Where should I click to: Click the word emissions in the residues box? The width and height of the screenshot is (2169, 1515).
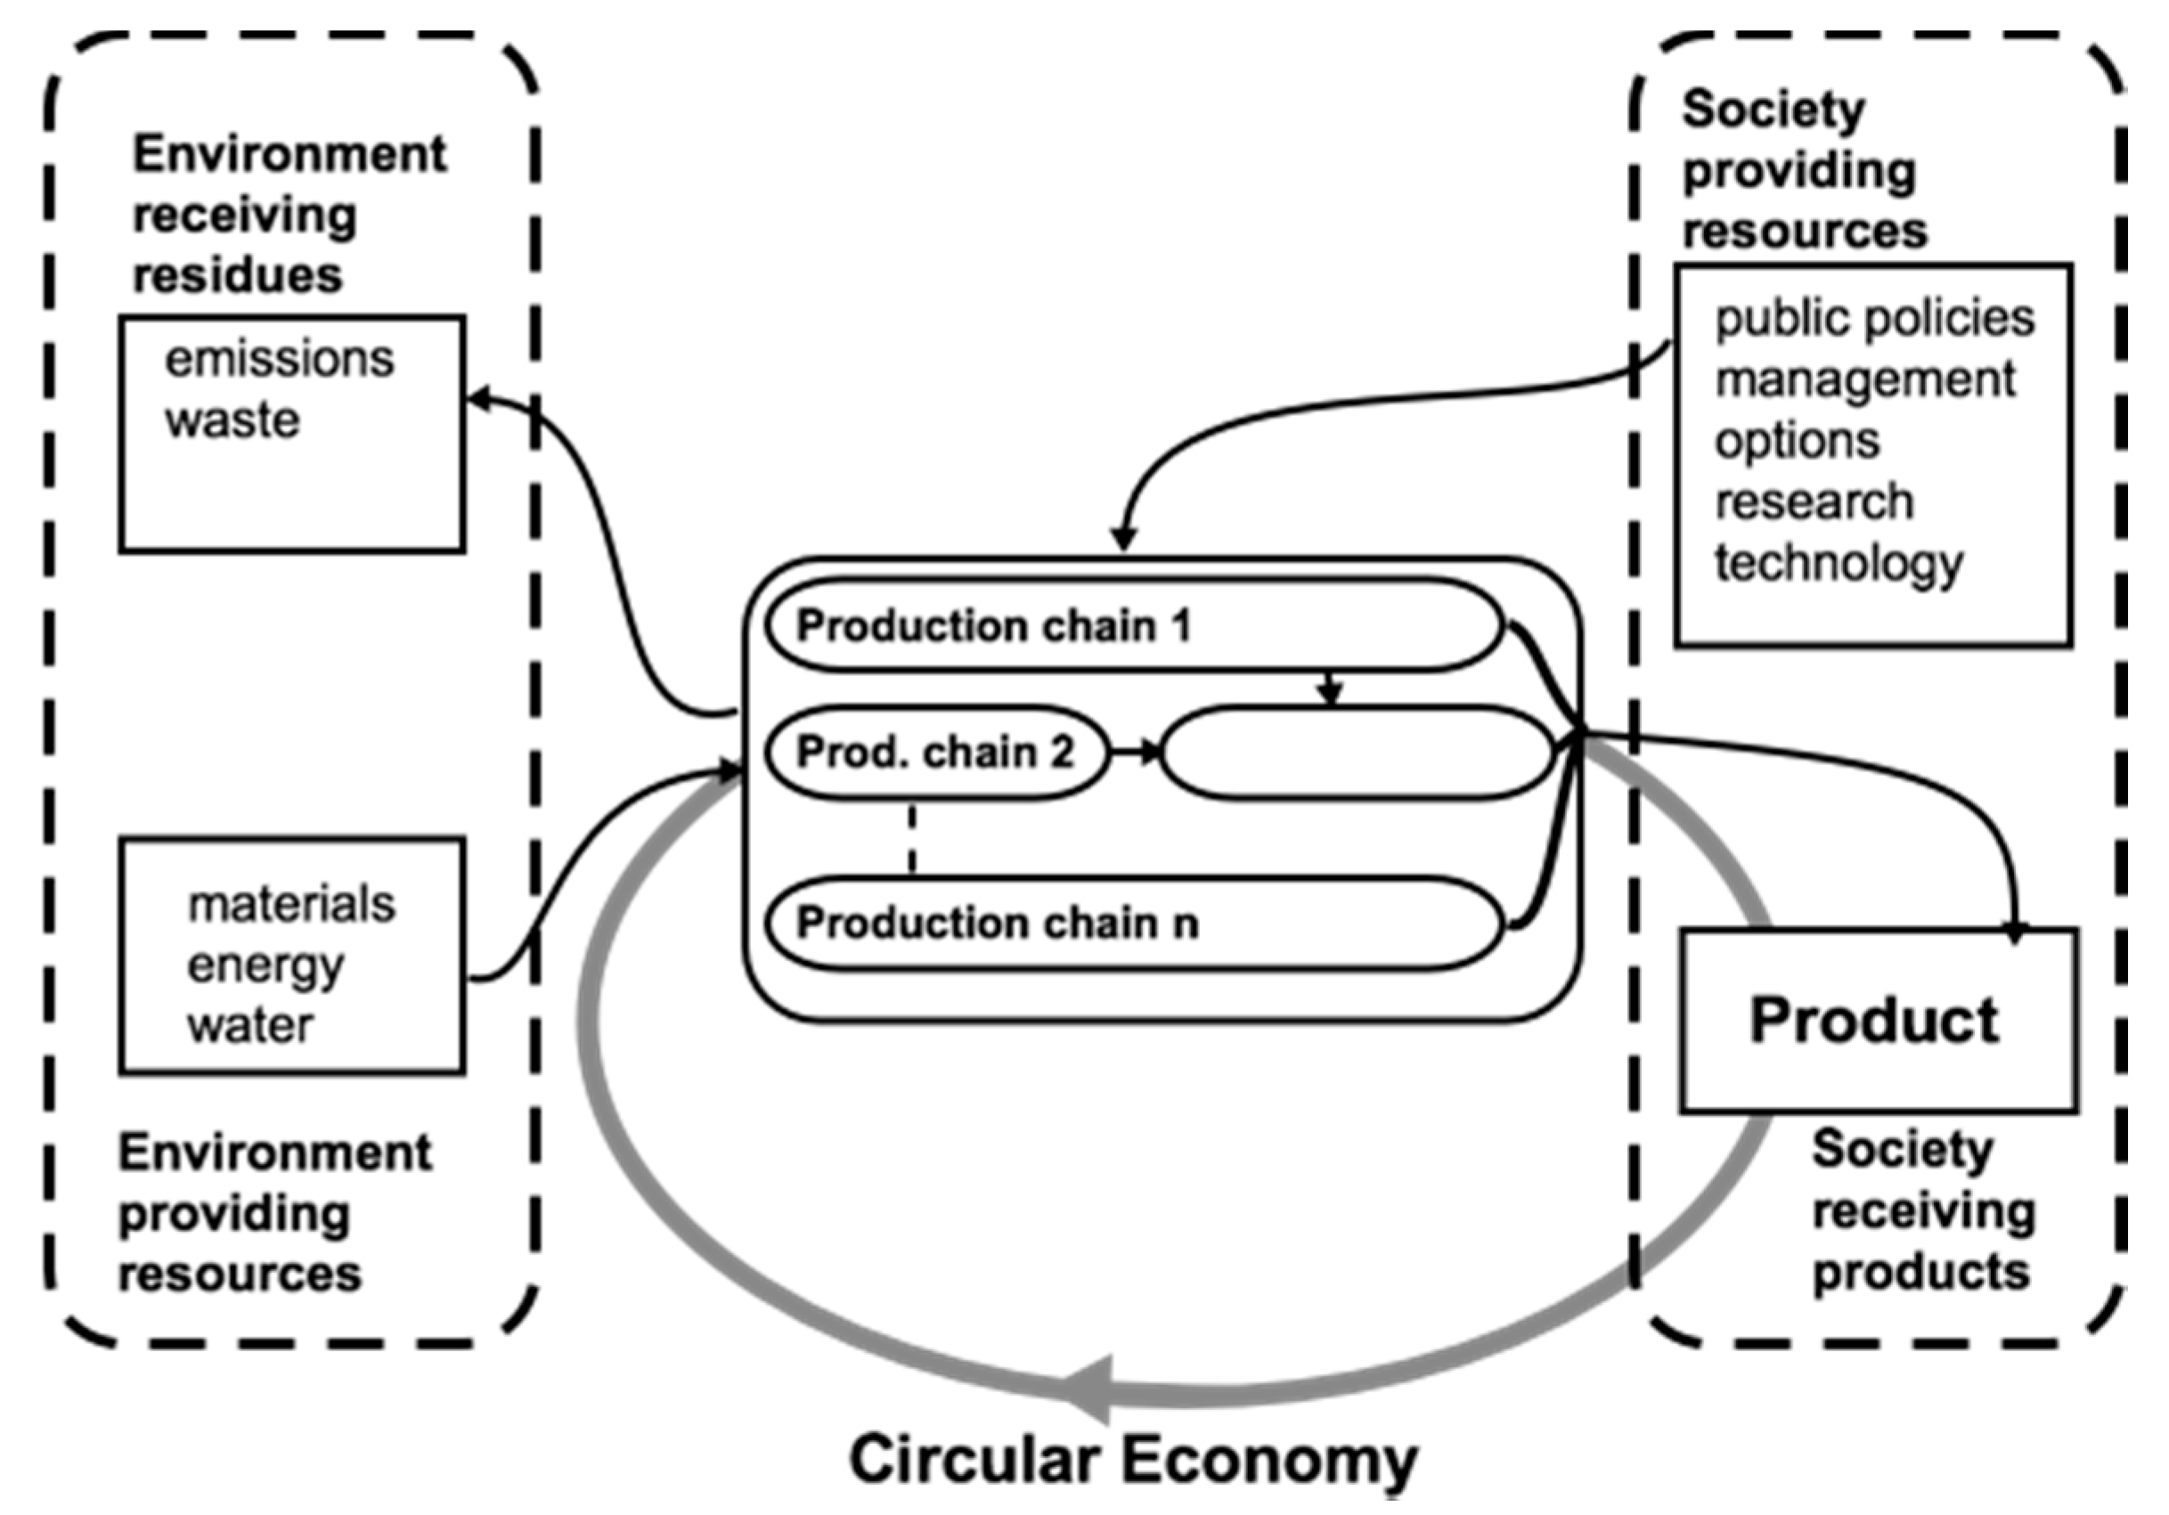(x=280, y=360)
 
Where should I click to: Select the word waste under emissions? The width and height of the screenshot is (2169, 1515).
(x=232, y=420)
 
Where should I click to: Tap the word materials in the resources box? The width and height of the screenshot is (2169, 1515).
(x=291, y=904)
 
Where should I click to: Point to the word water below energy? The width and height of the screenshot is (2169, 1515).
(x=249, y=1026)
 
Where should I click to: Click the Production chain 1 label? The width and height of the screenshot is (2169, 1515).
(x=993, y=626)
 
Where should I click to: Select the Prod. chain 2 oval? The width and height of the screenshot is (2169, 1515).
(x=935, y=753)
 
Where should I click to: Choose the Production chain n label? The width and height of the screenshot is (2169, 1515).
(x=997, y=923)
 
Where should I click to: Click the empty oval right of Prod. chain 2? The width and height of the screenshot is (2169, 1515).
(x=1357, y=753)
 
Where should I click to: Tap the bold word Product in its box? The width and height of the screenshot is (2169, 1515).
(x=1874, y=1021)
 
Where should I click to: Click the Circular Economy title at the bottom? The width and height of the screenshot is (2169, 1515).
(x=1133, y=1459)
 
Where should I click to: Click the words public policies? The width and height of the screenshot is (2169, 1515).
(x=1874, y=318)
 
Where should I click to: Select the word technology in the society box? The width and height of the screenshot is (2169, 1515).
(x=1839, y=564)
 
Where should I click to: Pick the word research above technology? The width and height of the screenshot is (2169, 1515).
(x=1814, y=501)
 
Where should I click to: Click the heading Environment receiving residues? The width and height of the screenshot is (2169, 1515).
(x=288, y=215)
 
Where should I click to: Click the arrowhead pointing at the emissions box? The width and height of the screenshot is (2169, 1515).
(x=480, y=400)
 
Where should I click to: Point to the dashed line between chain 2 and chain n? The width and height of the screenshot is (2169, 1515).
(x=911, y=839)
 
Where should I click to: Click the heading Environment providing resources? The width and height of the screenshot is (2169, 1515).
(x=274, y=1213)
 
